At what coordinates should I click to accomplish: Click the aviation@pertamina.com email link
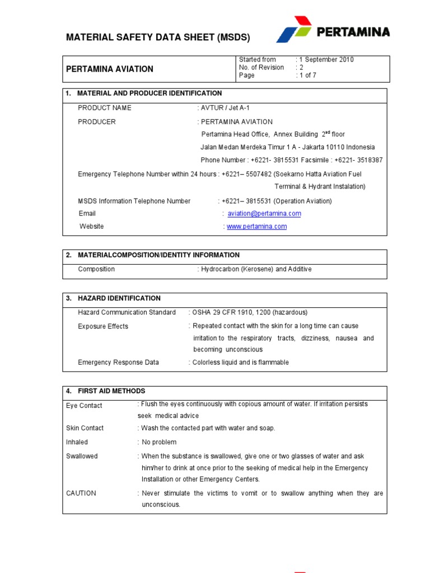pos(264,213)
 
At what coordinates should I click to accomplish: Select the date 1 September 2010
pos(327,59)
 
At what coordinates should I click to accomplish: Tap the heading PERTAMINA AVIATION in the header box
pos(110,69)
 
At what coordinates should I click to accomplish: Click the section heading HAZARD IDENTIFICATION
pos(119,298)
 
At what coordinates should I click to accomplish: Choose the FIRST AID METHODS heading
pos(111,391)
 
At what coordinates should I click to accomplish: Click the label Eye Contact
pos(85,406)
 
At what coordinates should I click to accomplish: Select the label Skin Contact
pos(85,428)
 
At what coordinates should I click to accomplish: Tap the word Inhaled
pos(77,442)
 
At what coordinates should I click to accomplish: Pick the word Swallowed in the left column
pos(82,456)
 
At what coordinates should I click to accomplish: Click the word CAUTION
pos(81,493)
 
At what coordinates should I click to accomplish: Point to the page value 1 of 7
pos(308,76)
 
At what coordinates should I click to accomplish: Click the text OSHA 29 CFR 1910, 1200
pos(232,312)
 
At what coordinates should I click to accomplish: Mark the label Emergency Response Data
pos(119,363)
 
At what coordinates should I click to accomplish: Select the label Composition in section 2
pos(96,269)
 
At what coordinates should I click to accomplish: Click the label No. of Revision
pos(261,67)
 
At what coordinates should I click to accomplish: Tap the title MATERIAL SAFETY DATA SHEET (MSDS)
pos(158,37)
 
